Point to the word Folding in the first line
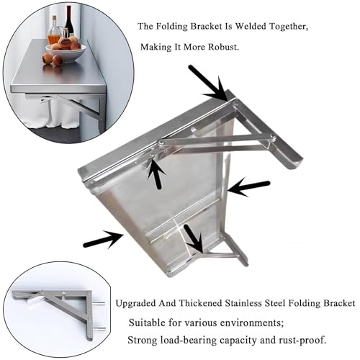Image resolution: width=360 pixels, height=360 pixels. pyautogui.click(x=172, y=27)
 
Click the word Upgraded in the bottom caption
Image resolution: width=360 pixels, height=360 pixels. pyautogui.click(x=135, y=304)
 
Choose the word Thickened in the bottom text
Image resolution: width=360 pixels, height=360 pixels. pyautogui.click(x=201, y=303)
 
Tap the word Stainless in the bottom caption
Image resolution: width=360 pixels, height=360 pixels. pyautogui.click(x=243, y=303)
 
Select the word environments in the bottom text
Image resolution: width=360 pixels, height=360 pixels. pyautogui.click(x=252, y=323)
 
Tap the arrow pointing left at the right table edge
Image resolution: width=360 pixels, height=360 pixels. pyautogui.click(x=248, y=187)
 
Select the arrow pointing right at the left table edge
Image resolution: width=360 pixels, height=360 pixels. pyautogui.click(x=103, y=239)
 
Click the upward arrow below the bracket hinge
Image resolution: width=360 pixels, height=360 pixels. pyautogui.click(x=156, y=174)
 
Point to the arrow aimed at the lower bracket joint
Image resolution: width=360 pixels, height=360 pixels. pyautogui.click(x=194, y=238)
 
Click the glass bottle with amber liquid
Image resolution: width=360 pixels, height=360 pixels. pyautogui.click(x=54, y=30)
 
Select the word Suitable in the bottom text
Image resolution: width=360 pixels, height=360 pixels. pyautogui.click(x=147, y=323)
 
